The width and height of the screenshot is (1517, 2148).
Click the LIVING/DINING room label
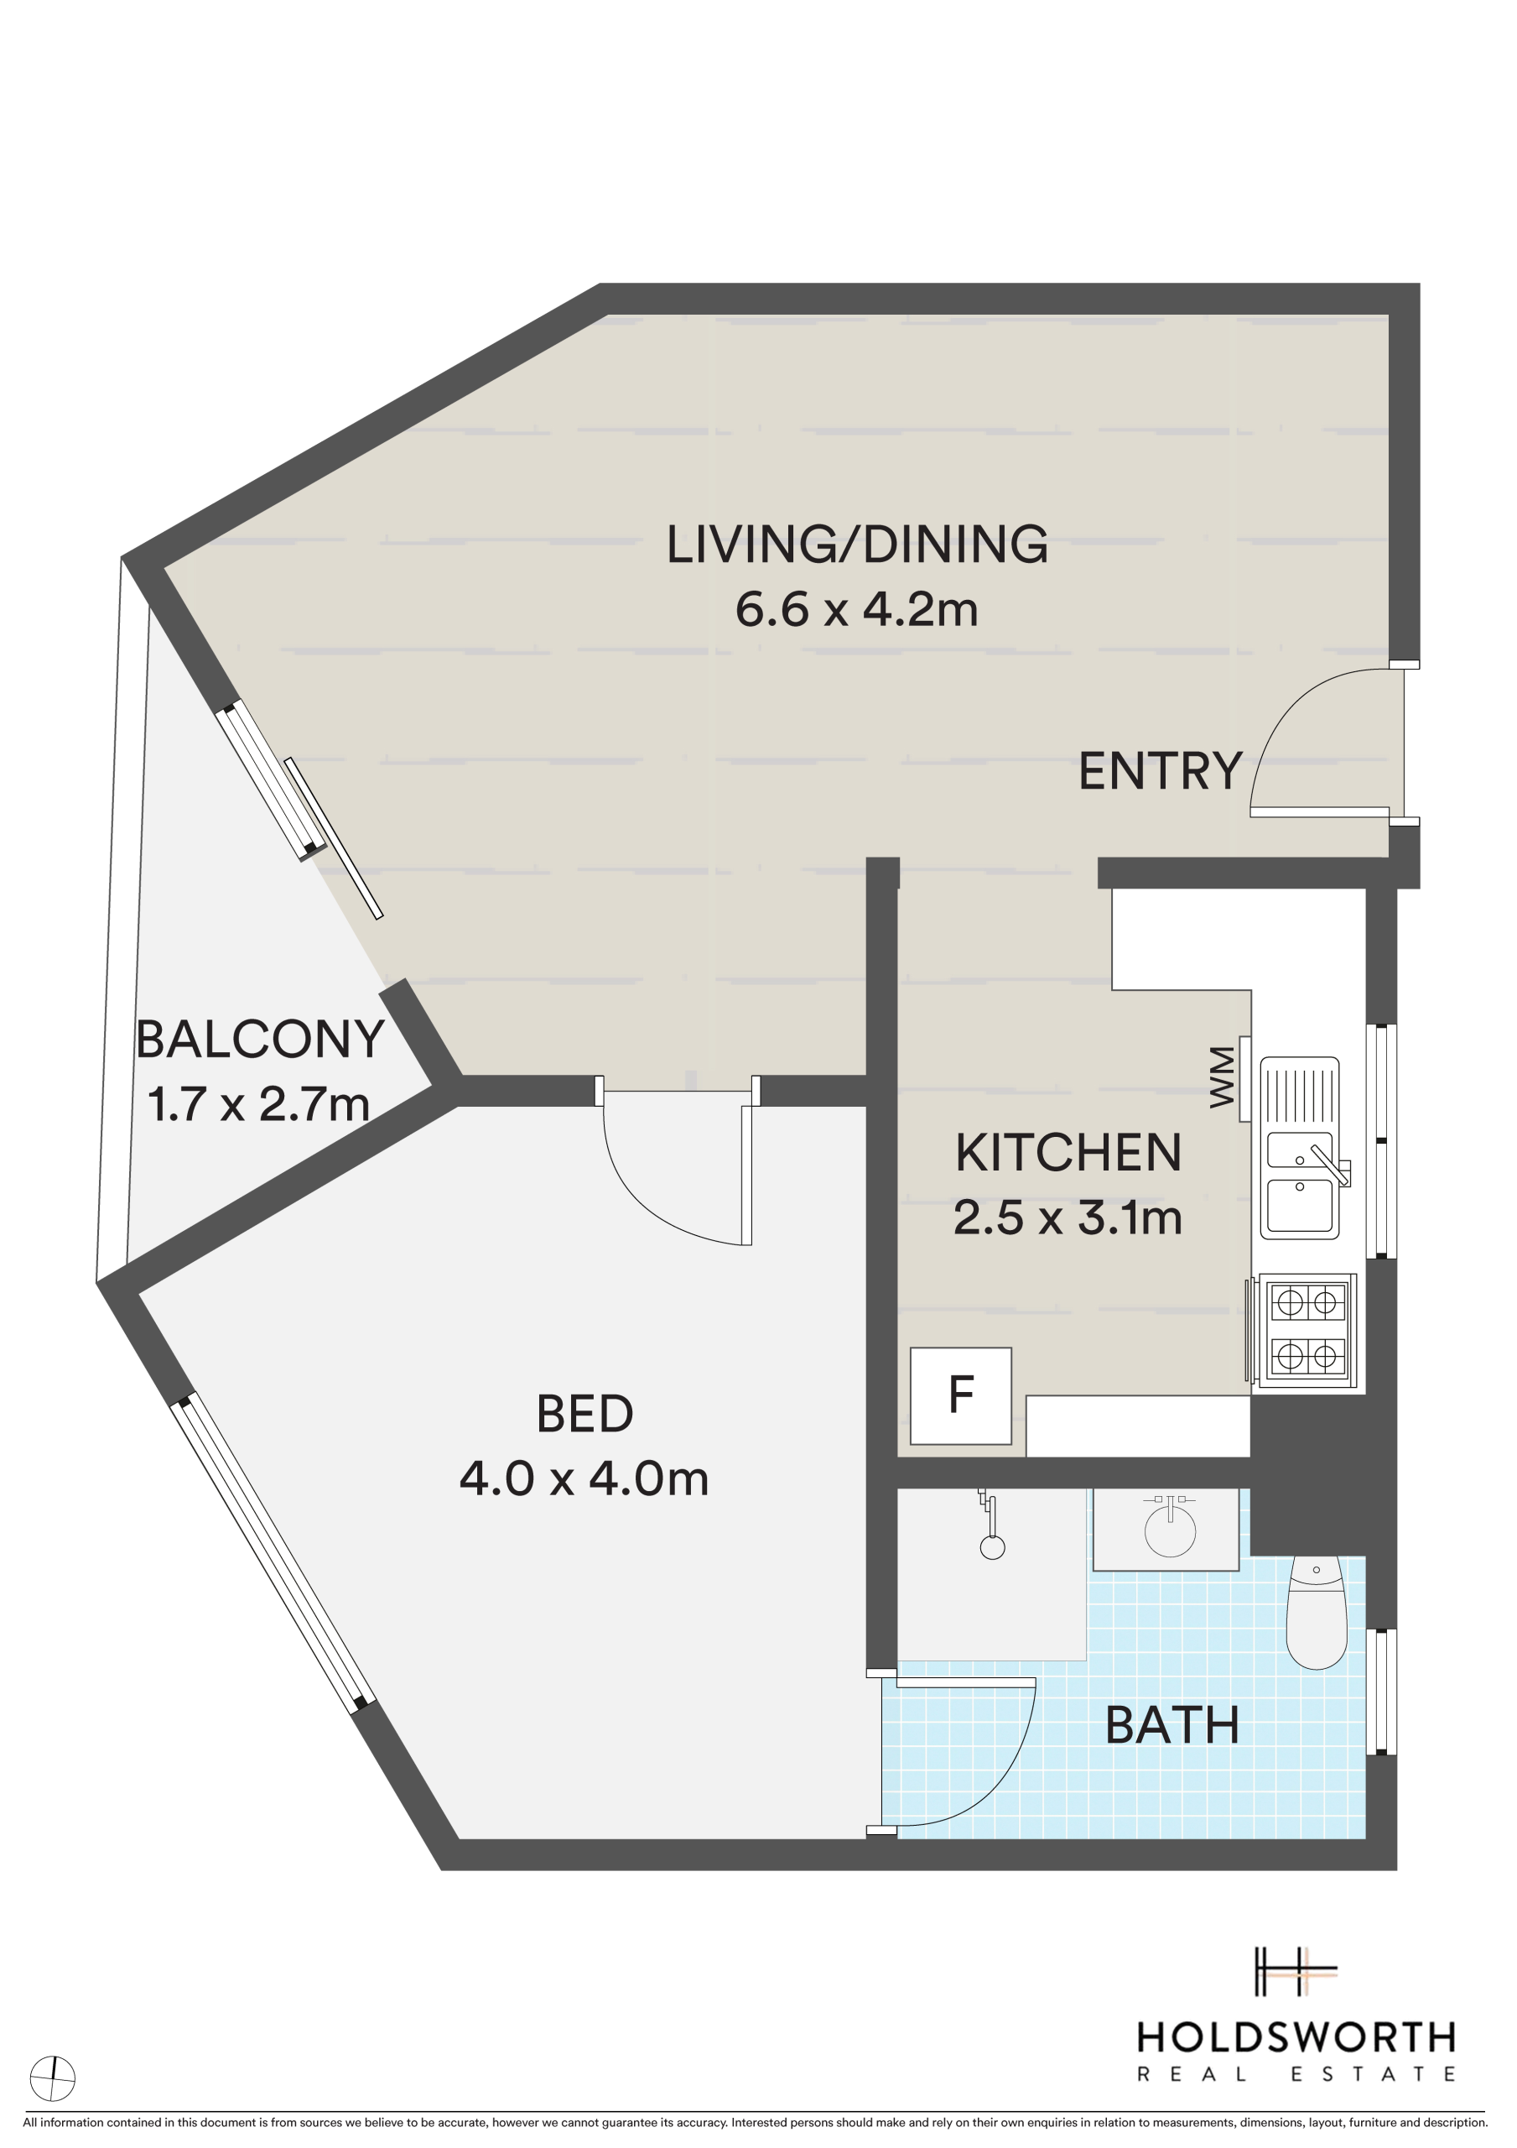pos(857,545)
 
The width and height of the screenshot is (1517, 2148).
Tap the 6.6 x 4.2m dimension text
pos(857,609)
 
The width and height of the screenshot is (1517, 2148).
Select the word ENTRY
pos(1161,771)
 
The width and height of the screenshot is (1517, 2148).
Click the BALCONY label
pos(260,1039)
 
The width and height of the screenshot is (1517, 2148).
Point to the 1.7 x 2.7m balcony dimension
pos(259,1103)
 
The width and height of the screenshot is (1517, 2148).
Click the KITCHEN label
pos(1068,1153)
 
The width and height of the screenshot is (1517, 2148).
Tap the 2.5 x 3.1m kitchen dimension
pos(1068,1217)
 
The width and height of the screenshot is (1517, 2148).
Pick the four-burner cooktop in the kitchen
pos(1307,1328)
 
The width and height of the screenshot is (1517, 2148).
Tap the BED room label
pos(584,1414)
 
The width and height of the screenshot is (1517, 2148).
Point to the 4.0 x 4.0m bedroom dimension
pos(584,1478)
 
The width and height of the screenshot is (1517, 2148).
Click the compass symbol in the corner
pos(52,2078)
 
